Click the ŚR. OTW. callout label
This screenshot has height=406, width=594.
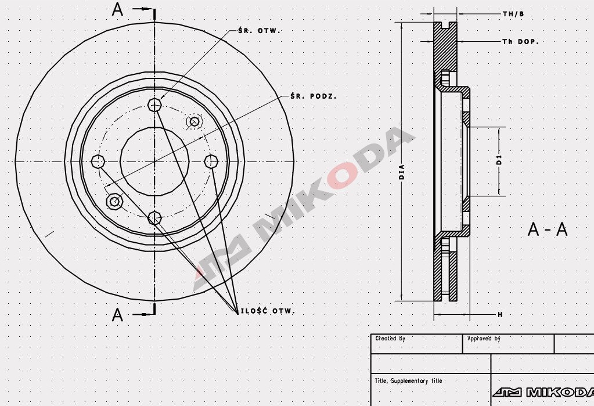[x=259, y=30]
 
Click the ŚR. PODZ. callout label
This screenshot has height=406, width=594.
[x=314, y=96]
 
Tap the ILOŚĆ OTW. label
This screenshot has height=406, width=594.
[x=268, y=311]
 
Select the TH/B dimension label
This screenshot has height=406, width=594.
[x=513, y=13]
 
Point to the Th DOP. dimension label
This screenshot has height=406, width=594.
[x=520, y=42]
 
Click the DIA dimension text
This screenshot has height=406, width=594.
[x=402, y=172]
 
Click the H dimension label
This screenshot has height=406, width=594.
[x=499, y=314]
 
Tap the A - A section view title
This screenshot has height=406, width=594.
[x=547, y=229]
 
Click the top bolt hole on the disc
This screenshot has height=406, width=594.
[x=154, y=105]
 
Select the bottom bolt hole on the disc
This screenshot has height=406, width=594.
[x=154, y=218]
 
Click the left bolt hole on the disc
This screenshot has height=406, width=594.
[x=98, y=161]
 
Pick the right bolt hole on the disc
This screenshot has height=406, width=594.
[x=211, y=160]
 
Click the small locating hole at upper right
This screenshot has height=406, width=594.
[x=194, y=121]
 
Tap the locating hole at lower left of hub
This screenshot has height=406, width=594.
[x=114, y=201]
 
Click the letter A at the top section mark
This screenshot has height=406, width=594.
[x=118, y=10]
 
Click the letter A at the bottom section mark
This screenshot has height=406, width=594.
[x=118, y=315]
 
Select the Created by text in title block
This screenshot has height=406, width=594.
[x=390, y=338]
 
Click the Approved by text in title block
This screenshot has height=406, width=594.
[x=484, y=338]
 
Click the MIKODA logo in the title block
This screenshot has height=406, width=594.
[x=543, y=392]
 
